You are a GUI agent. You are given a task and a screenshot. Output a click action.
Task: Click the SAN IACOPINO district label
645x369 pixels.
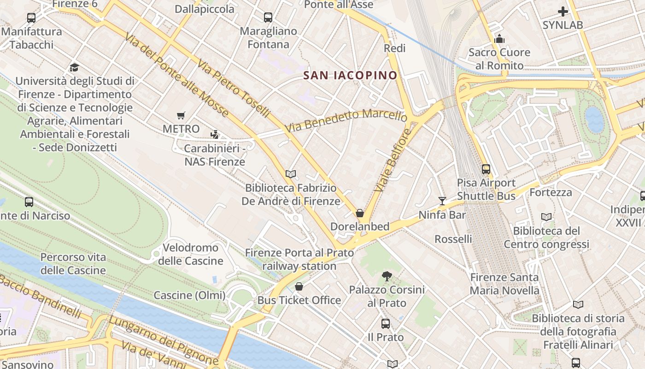coord(350,75)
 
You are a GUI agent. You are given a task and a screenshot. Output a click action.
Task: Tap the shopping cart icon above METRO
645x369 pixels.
coord(181,116)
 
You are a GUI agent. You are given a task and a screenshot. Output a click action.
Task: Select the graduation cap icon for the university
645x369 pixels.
coord(74,68)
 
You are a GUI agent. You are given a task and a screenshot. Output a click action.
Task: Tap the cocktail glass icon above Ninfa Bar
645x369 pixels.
coord(442,201)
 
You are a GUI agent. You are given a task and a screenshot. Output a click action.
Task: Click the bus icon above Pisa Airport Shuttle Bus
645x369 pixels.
coord(486,169)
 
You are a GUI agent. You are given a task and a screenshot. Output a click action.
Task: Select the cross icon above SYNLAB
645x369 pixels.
coord(563,12)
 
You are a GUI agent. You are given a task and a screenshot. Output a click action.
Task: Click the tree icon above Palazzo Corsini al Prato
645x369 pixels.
coord(387,276)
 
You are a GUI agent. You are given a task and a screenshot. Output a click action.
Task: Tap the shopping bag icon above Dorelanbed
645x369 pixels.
coord(360,213)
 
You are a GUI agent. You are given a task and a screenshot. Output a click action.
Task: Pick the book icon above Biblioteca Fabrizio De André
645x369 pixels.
coord(290,174)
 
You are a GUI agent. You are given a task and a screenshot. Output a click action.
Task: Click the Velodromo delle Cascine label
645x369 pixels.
coord(190,254)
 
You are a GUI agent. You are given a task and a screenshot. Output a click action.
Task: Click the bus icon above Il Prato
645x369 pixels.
coord(386,324)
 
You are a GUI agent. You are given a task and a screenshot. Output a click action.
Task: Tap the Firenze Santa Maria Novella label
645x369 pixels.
coord(504,284)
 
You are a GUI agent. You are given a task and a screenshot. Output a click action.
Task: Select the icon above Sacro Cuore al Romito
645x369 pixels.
coord(499,39)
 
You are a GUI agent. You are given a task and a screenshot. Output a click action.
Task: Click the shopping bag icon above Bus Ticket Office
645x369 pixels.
coord(299,286)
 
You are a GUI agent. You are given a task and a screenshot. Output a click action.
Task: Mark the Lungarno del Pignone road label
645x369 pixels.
coord(164,339)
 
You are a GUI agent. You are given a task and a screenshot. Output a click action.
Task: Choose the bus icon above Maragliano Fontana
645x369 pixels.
coord(268,18)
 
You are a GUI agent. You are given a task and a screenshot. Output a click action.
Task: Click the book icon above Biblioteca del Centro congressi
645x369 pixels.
coord(546,217)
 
